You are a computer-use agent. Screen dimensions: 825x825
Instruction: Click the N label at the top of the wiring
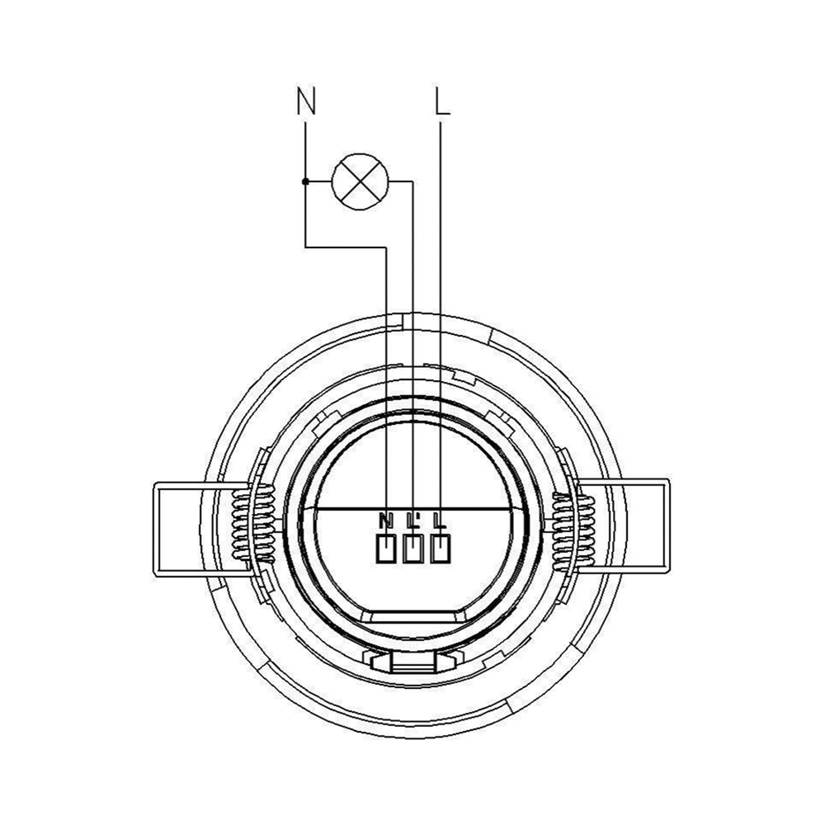click(x=306, y=101)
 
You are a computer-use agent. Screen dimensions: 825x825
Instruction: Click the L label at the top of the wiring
click(x=442, y=101)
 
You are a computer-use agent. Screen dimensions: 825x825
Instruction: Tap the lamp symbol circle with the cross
click(x=360, y=181)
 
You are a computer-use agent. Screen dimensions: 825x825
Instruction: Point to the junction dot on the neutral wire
click(x=305, y=181)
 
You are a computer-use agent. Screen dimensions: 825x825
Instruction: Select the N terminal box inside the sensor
click(x=387, y=549)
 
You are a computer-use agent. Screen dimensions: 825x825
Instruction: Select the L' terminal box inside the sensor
click(x=413, y=549)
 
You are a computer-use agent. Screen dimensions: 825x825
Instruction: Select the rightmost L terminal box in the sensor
click(x=441, y=549)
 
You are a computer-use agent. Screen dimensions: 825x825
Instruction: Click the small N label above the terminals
click(x=385, y=521)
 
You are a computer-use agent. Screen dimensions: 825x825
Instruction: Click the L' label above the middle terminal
click(x=413, y=521)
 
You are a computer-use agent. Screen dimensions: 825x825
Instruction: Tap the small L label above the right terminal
click(x=440, y=521)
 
